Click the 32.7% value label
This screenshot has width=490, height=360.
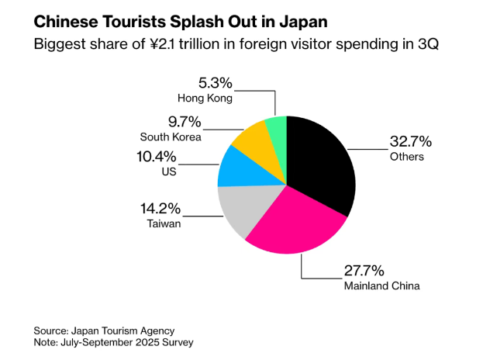tap(410, 142)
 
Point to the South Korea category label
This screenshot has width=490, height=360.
tap(171, 137)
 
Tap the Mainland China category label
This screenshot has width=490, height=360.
tap(381, 286)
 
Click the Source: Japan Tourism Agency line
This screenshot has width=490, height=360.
tap(104, 330)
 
